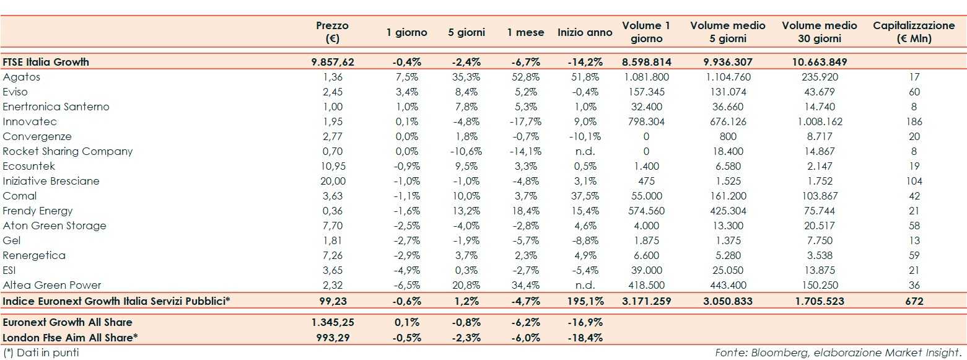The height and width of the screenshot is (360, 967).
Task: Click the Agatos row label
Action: point(22,77)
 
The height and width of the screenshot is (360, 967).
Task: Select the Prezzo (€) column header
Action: point(332,32)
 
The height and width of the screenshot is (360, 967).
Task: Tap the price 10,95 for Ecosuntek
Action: point(332,166)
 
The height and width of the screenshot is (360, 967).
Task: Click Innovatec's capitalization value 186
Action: point(914,121)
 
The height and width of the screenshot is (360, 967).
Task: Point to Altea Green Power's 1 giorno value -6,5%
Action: point(406,285)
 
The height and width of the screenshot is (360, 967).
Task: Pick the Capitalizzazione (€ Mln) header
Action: point(914,32)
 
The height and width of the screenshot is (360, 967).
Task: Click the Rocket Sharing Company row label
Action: point(68,151)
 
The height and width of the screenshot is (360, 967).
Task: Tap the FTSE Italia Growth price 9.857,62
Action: point(332,62)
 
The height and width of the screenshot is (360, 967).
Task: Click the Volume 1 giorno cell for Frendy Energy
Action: point(647,211)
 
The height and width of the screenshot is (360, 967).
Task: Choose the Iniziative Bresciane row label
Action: point(51,181)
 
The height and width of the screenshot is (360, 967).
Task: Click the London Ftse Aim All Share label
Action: point(70,337)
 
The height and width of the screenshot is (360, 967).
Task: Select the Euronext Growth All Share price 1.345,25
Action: point(332,322)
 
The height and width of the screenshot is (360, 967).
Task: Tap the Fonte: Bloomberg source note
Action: point(839,353)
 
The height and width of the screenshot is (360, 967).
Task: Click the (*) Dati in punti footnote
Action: point(41,353)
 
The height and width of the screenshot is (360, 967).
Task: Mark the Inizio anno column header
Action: point(585,32)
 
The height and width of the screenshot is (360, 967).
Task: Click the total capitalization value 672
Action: point(914,301)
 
